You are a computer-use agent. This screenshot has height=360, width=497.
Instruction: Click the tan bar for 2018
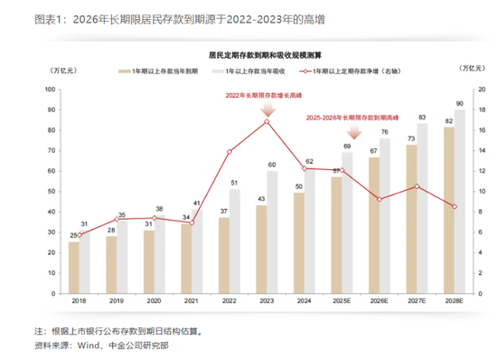coord(74,268)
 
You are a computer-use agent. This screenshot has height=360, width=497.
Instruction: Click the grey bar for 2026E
coord(386,215)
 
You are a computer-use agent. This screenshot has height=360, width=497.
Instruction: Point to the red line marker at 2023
coord(267,121)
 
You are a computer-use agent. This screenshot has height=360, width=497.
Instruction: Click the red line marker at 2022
coord(230,151)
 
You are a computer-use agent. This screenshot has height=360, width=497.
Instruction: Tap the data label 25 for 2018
coord(74,234)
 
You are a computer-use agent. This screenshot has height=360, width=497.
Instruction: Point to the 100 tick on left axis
coord(52,90)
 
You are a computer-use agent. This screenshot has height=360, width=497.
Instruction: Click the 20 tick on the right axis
coord(481,90)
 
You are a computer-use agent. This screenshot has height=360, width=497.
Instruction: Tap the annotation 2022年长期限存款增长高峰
coord(267,93)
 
